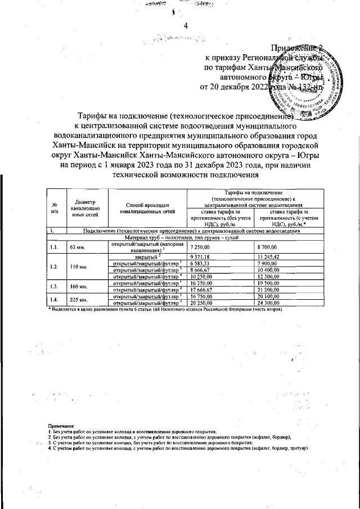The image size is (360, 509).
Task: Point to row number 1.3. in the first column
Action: point(54,286)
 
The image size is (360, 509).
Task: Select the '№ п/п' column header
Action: point(54,209)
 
